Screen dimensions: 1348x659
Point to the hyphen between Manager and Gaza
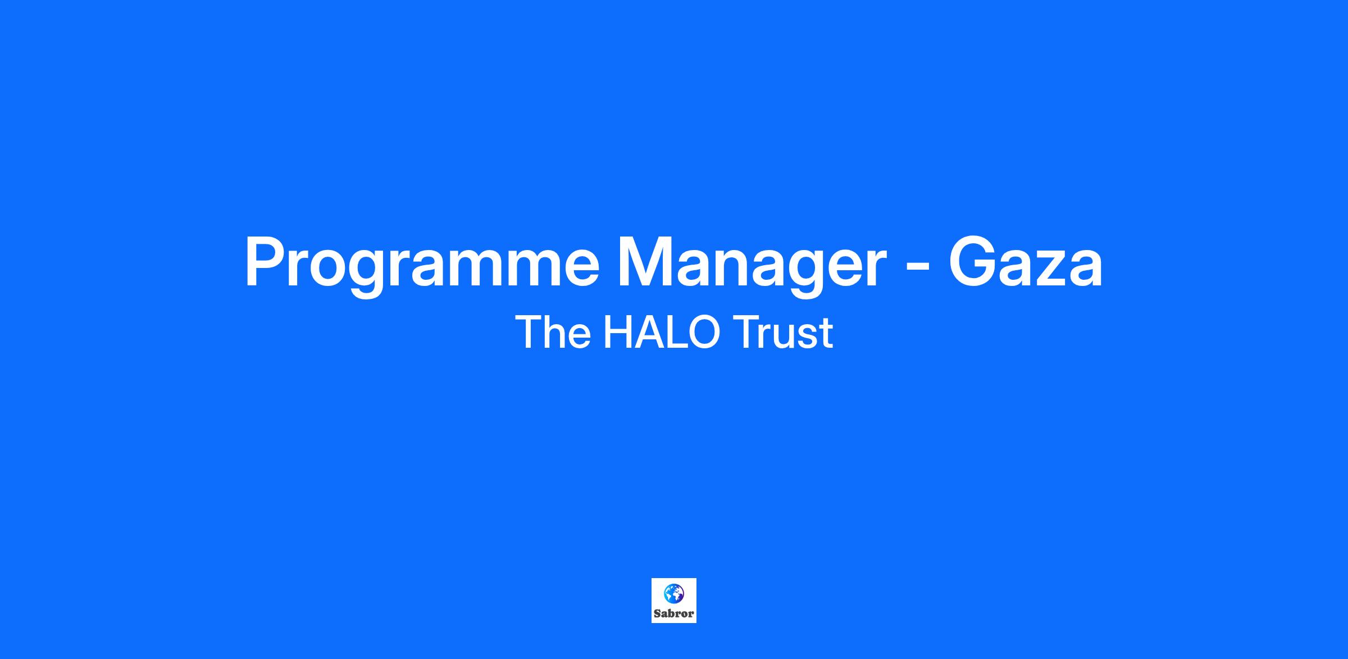pyautogui.click(x=918, y=269)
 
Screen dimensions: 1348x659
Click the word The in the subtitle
pyautogui.click(x=553, y=333)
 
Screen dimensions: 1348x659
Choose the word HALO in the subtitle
pyautogui.click(x=661, y=333)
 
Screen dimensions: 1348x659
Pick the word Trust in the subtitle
pyautogui.click(x=783, y=333)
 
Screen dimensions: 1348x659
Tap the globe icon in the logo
pyautogui.click(x=674, y=593)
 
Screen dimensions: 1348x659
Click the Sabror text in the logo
pyautogui.click(x=674, y=613)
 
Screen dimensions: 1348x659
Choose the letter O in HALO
pyautogui.click(x=703, y=333)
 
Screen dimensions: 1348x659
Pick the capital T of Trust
pyautogui.click(x=745, y=333)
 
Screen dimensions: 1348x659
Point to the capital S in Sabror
pyautogui.click(x=657, y=613)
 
